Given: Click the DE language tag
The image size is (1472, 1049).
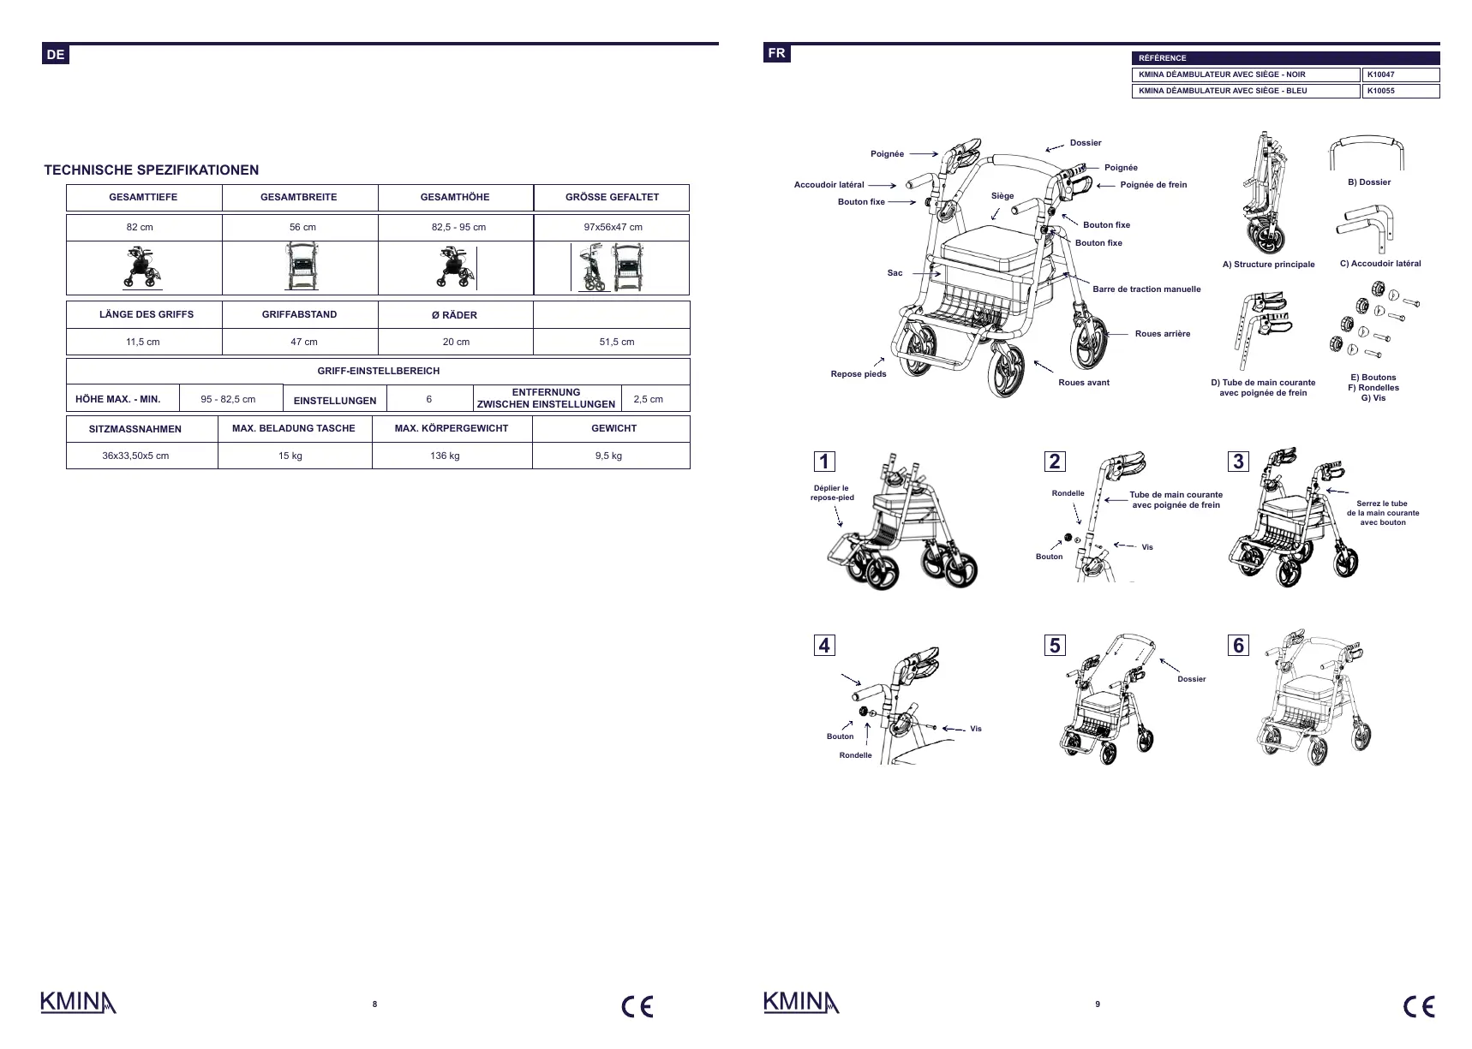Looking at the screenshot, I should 55,55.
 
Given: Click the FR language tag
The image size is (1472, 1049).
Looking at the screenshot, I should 776,53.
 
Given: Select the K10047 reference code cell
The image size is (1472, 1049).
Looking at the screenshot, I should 1400,75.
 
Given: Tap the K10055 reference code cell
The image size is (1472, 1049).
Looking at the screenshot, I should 1400,91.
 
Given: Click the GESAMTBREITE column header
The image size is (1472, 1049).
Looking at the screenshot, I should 299,198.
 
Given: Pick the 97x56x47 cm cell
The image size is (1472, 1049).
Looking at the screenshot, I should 612,228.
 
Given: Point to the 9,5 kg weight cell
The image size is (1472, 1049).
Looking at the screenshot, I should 608,456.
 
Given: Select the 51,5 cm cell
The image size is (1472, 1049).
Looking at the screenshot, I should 616,342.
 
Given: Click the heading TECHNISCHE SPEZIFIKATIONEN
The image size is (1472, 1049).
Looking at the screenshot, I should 152,170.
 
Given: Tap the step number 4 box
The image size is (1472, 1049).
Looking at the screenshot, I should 824,646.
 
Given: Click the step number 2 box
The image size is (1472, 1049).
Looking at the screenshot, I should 1055,462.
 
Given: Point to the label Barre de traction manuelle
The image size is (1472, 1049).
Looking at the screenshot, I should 1146,289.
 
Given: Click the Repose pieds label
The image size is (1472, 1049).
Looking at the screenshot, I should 858,374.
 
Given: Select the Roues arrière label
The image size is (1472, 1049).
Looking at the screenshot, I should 1162,334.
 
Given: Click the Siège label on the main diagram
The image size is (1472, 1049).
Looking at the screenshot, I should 1002,196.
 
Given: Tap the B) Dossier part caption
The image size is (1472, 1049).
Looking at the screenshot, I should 1368,182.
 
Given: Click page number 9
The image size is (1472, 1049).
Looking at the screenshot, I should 1098,1004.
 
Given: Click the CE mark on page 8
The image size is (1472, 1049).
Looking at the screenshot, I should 637,1007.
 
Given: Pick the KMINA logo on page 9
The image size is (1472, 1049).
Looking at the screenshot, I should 800,1003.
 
